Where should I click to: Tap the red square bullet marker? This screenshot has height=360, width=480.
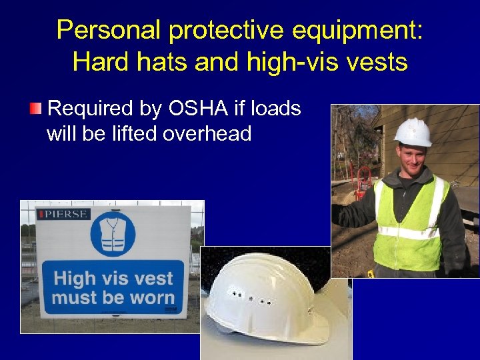(x=37, y=108)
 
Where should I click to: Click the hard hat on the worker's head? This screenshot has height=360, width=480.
(x=413, y=131)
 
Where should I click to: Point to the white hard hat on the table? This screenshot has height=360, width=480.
(x=267, y=293)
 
